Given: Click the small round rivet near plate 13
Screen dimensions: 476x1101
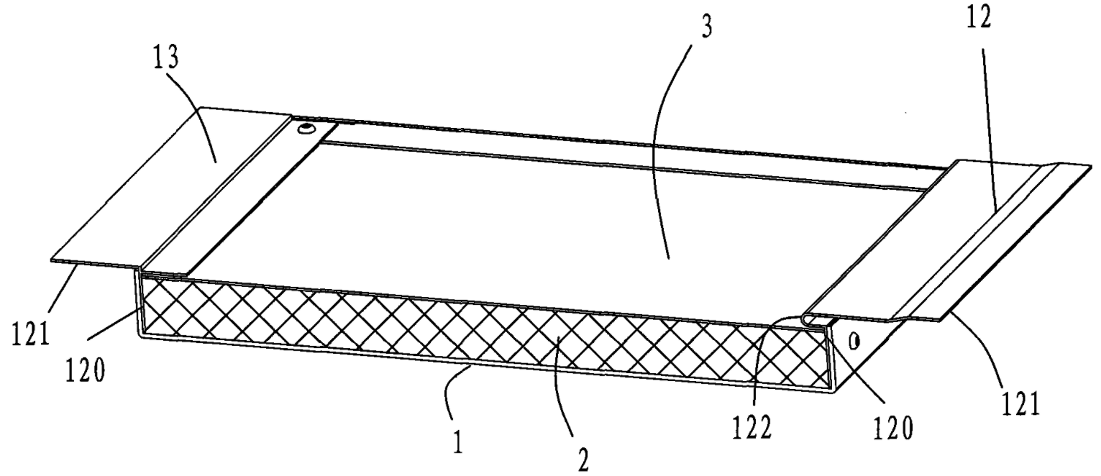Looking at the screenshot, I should pyautogui.click(x=307, y=130).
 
